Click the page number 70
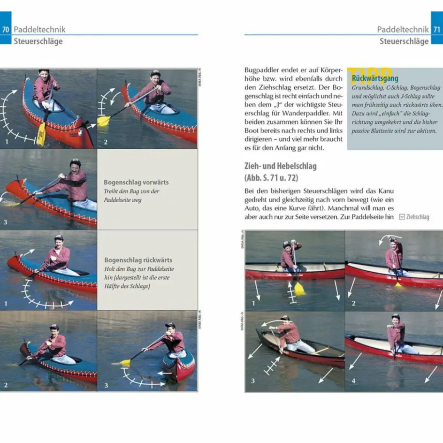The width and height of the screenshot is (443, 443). (6, 29)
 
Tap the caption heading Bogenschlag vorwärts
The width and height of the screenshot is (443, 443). (136, 182)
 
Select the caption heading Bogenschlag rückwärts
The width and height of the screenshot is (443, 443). (138, 260)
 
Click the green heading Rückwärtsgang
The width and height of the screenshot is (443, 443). (372, 78)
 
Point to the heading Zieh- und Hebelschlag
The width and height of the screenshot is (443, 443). (281, 166)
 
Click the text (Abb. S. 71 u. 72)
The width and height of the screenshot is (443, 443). (271, 178)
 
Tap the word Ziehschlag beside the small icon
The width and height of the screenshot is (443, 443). (418, 217)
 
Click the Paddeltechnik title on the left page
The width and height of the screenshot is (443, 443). (39, 29)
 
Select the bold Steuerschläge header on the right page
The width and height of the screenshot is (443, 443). (404, 41)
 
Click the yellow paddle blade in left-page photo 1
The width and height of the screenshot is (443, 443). (41, 134)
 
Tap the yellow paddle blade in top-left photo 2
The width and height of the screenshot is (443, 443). (103, 121)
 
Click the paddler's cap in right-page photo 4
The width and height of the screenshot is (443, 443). (396, 317)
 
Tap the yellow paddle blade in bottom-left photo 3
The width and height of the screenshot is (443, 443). (125, 362)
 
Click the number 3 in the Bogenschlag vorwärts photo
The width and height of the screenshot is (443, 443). (6, 221)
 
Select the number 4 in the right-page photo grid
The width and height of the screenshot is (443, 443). (354, 381)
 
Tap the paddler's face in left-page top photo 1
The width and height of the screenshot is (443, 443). (44, 77)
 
